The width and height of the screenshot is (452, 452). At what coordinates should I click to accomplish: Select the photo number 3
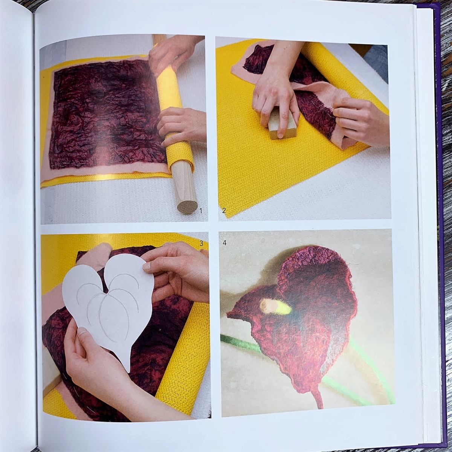[x=201, y=243]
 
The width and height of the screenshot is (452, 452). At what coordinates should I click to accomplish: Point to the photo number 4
[x=225, y=243]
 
